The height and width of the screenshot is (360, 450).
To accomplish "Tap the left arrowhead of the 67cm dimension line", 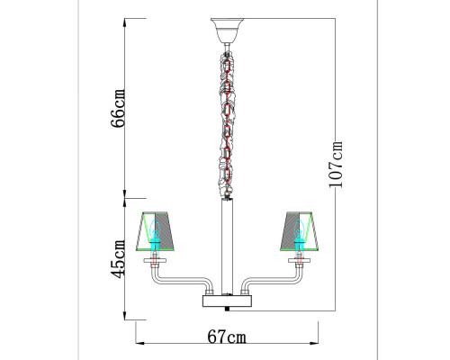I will click(139, 344).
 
